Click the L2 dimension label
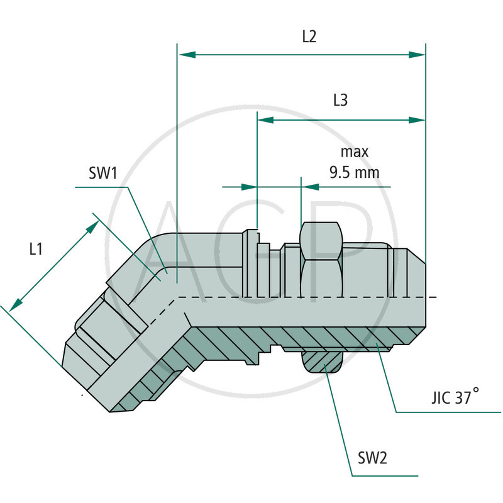[x=308, y=36]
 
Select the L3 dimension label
[x=340, y=101]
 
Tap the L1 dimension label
[x=36, y=249]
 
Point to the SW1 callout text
[x=103, y=174]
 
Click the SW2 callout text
[x=372, y=458]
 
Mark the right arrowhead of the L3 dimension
[x=417, y=119]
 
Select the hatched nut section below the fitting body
[x=322, y=362]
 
